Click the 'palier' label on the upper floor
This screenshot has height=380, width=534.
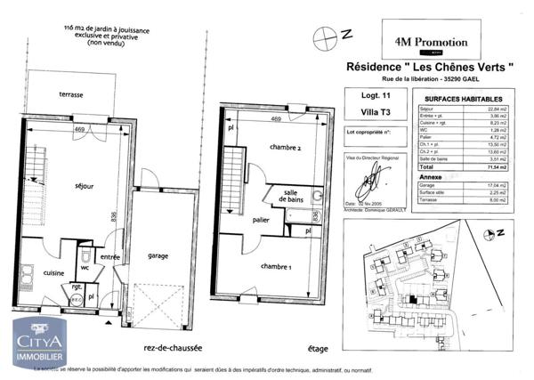pos(261,219)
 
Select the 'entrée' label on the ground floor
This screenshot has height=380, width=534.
pos(109,257)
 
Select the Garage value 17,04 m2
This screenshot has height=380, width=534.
pos(499,184)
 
